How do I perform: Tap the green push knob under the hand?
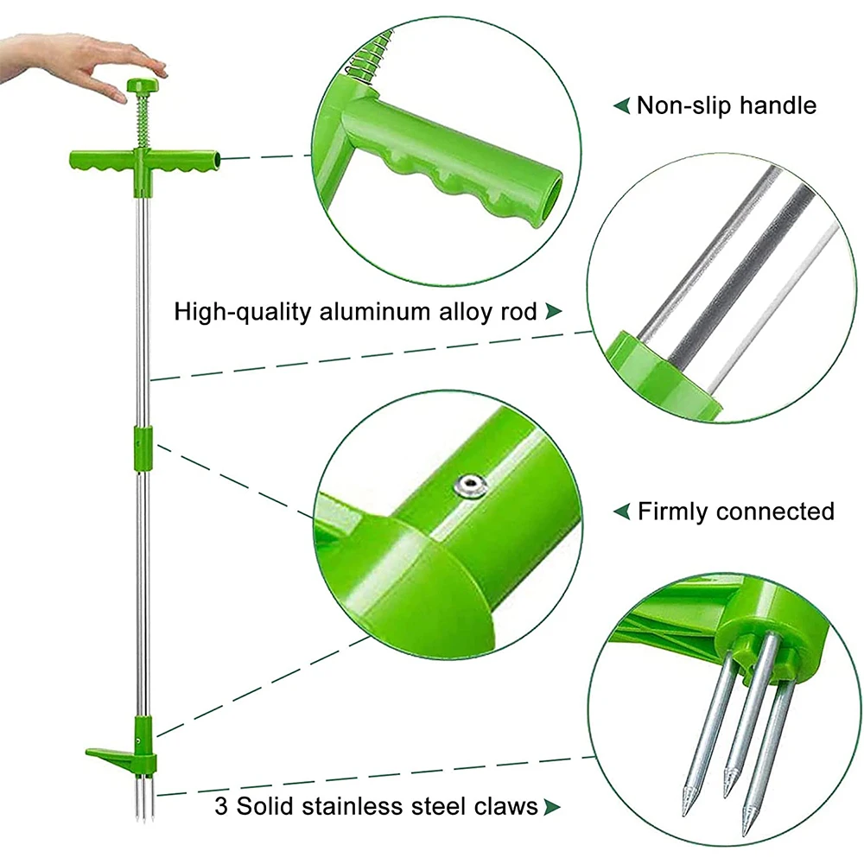click(143, 86)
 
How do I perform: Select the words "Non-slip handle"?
click(727, 105)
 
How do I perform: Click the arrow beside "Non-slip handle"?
click(621, 105)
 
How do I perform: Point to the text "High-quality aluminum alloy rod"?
click(355, 312)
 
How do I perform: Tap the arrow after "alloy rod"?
click(553, 311)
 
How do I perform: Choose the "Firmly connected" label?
click(735, 511)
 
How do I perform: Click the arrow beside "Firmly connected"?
click(621, 511)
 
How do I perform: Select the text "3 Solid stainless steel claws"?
click(377, 806)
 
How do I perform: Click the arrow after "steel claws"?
click(552, 807)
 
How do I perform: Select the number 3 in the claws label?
click(221, 807)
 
